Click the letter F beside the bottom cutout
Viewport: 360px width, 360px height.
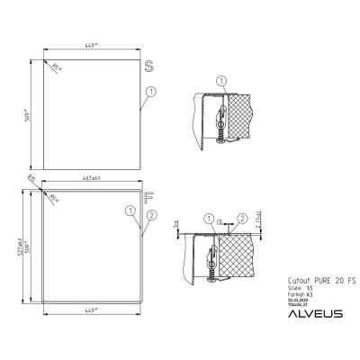(149, 194)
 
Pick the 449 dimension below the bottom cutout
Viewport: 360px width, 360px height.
(88, 308)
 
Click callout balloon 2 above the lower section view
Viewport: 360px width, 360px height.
(243, 217)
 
